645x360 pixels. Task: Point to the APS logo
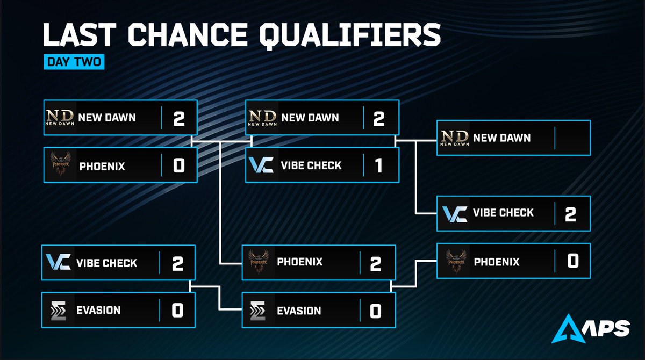592,327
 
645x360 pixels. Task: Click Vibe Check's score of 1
378,165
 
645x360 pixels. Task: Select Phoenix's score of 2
375,263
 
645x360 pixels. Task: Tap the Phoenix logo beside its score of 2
260,263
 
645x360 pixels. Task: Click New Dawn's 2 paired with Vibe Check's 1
378,118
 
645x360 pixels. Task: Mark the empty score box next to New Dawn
572,138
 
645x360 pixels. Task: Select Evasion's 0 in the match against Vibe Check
178,310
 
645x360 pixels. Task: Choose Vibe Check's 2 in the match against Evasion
178,263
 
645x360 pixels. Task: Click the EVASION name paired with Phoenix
299,311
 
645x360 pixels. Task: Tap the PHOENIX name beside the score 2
300,263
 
